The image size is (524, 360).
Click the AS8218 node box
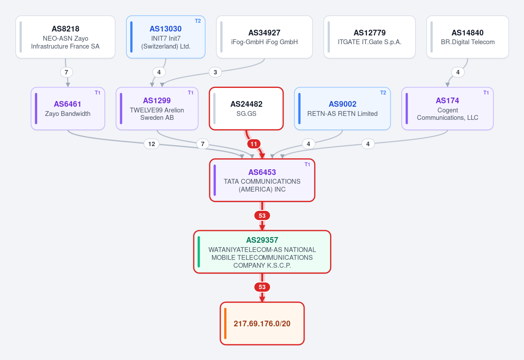(x=66, y=37)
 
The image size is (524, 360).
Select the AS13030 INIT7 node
(x=166, y=37)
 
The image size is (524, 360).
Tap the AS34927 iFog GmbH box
(x=264, y=37)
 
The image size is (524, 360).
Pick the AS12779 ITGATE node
(x=370, y=37)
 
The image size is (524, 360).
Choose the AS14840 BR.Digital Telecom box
(x=468, y=37)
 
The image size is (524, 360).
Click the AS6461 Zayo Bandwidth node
(x=68, y=108)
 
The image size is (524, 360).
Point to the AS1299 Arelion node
(x=157, y=108)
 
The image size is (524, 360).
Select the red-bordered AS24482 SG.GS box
(x=246, y=108)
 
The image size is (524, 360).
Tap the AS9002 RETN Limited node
(x=343, y=108)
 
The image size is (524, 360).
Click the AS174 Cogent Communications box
(x=448, y=108)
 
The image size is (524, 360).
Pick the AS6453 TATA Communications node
(x=262, y=180)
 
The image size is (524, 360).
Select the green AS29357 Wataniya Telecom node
(x=262, y=252)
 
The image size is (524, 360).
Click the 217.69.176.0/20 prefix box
(x=262, y=324)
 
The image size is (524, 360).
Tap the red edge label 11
(x=254, y=144)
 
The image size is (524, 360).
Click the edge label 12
(x=152, y=144)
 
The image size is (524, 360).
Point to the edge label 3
(x=215, y=72)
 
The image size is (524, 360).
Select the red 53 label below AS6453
(x=262, y=216)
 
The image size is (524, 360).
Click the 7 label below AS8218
(x=66, y=72)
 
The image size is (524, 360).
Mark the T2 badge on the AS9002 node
(x=383, y=93)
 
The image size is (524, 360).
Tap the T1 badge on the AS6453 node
(x=307, y=164)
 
